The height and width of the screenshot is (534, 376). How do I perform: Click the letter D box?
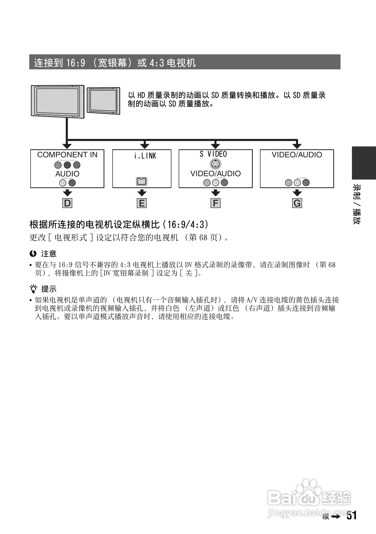tap(67, 203)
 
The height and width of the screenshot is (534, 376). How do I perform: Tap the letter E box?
tap(142, 203)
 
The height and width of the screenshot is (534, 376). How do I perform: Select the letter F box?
tap(215, 203)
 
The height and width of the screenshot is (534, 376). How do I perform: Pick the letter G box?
tap(297, 203)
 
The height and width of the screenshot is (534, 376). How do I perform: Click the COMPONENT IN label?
tap(67, 155)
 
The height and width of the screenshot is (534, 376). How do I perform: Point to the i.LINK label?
tap(145, 156)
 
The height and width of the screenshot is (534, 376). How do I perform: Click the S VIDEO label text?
tap(213, 154)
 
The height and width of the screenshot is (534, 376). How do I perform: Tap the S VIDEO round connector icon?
tap(215, 164)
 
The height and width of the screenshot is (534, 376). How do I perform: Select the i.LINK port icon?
tap(142, 181)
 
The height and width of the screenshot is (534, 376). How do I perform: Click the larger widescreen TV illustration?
tap(57, 101)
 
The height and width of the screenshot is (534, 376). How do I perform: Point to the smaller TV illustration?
tap(103, 101)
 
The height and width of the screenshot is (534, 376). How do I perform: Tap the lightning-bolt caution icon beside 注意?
tap(33, 254)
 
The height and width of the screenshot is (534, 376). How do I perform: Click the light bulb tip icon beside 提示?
tap(33, 289)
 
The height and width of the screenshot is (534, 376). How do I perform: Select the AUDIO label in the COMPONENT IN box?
tap(67, 174)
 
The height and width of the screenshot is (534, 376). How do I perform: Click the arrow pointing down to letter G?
tap(297, 193)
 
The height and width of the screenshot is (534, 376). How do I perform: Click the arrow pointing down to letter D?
tap(67, 193)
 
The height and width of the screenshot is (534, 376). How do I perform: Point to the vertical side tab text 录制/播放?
tap(357, 204)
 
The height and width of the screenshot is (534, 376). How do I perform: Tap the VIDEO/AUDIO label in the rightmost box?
tap(297, 155)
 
